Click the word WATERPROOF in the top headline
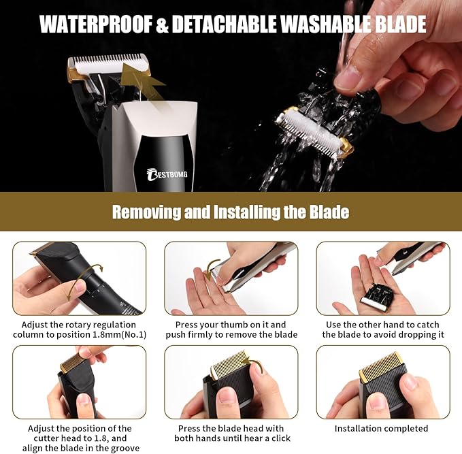[96, 25]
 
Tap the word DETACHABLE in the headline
[225, 25]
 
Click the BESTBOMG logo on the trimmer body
[167, 174]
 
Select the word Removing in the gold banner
[146, 212]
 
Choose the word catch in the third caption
[428, 325]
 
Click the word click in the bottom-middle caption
[281, 438]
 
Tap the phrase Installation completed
[381, 428]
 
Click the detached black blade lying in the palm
[374, 297]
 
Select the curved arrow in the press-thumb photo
[210, 267]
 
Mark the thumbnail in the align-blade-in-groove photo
[84, 399]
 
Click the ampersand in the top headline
[162, 25]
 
